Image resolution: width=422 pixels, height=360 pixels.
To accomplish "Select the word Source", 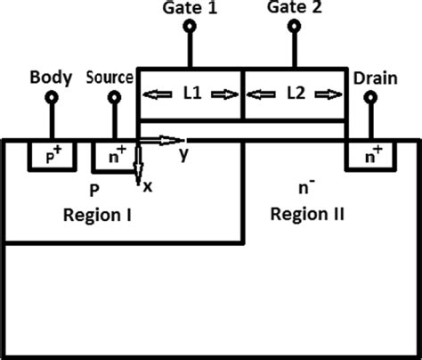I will tap(110, 77).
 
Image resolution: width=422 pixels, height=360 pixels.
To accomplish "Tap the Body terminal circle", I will tap(52, 95).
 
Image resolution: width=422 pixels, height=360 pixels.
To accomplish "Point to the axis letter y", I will tap(183, 154).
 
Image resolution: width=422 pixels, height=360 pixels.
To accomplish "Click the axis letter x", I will tap(148, 186).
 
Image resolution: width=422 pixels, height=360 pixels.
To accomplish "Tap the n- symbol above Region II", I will tap(304, 189).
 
